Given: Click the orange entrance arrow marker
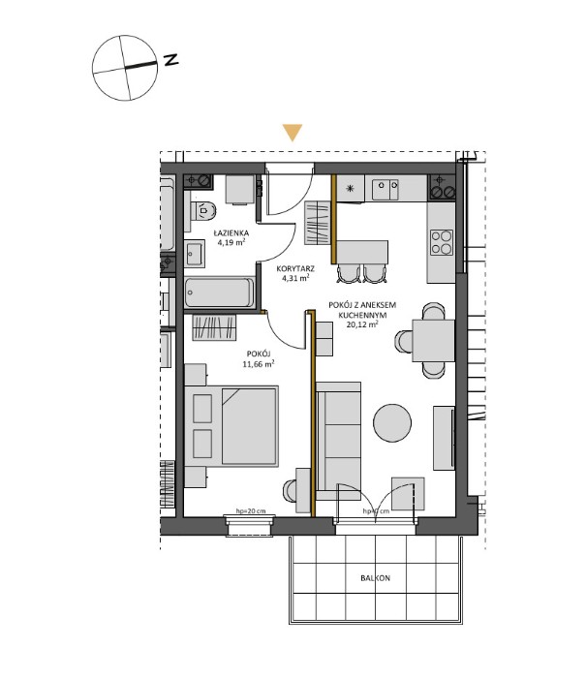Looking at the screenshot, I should (292, 133).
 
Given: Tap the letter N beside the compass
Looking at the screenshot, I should (170, 61).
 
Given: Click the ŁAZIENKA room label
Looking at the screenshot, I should (232, 233).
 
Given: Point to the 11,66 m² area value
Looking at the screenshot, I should (259, 364).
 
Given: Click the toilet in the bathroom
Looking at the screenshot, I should (205, 209).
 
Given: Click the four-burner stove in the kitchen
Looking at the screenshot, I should (442, 240).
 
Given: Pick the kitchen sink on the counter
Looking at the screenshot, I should (388, 187).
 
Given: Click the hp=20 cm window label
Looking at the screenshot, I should (252, 511).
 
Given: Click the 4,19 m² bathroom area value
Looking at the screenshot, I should (231, 244).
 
